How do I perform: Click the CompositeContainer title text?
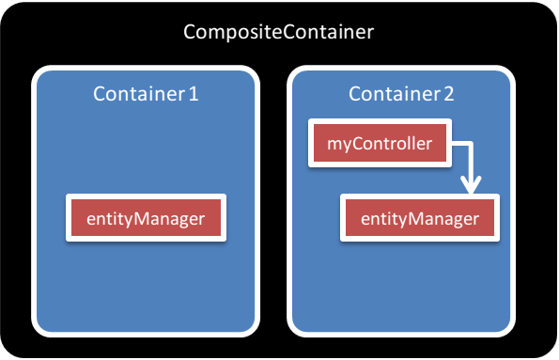coord(278,33)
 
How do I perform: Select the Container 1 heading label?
coord(146,94)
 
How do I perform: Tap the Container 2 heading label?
coord(401,94)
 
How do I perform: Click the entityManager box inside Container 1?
coord(146,219)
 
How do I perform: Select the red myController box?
coord(380,144)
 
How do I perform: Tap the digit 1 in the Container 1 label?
coord(194,94)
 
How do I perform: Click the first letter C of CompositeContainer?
coord(190,33)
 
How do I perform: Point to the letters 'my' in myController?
coord(337,145)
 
